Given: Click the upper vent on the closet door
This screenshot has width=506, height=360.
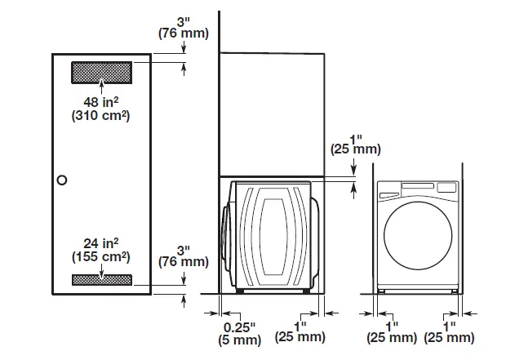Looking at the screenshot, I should [101, 72].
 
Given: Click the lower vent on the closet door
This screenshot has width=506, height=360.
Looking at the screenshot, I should [101, 279].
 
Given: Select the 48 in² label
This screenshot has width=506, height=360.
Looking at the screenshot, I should [101, 102].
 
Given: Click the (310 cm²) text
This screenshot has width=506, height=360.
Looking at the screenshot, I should [101, 116].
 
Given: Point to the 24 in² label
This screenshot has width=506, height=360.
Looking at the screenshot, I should [101, 242].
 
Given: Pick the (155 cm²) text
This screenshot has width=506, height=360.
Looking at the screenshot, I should [101, 256].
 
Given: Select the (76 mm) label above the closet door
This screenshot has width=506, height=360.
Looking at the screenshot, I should [183, 33].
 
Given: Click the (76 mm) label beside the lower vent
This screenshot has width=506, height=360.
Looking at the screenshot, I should [183, 262].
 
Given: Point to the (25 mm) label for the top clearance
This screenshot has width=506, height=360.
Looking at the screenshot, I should [354, 150].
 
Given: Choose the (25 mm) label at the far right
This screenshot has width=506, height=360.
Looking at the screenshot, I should [450, 338].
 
